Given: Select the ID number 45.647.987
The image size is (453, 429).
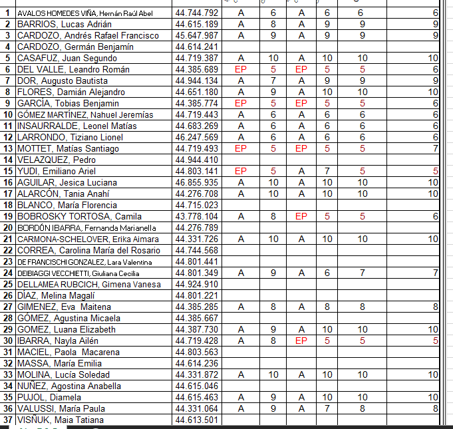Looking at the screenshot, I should click(x=196, y=35).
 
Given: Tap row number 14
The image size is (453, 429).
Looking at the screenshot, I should click(x=7, y=160).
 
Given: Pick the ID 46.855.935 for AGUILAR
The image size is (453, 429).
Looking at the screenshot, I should click(x=196, y=182).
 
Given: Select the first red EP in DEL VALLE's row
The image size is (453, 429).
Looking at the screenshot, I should click(x=241, y=69).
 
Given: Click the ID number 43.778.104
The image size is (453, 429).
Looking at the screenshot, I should click(x=196, y=216).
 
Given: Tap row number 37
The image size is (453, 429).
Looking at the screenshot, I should click(x=7, y=420).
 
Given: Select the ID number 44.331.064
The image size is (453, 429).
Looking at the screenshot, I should click(x=196, y=408).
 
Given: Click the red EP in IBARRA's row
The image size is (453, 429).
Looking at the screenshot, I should click(x=301, y=341).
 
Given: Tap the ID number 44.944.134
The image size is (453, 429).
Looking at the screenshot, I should click(x=196, y=80).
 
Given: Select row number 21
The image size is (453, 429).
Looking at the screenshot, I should click(x=7, y=239).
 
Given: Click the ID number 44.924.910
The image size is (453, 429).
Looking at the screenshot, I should click(x=196, y=284).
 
